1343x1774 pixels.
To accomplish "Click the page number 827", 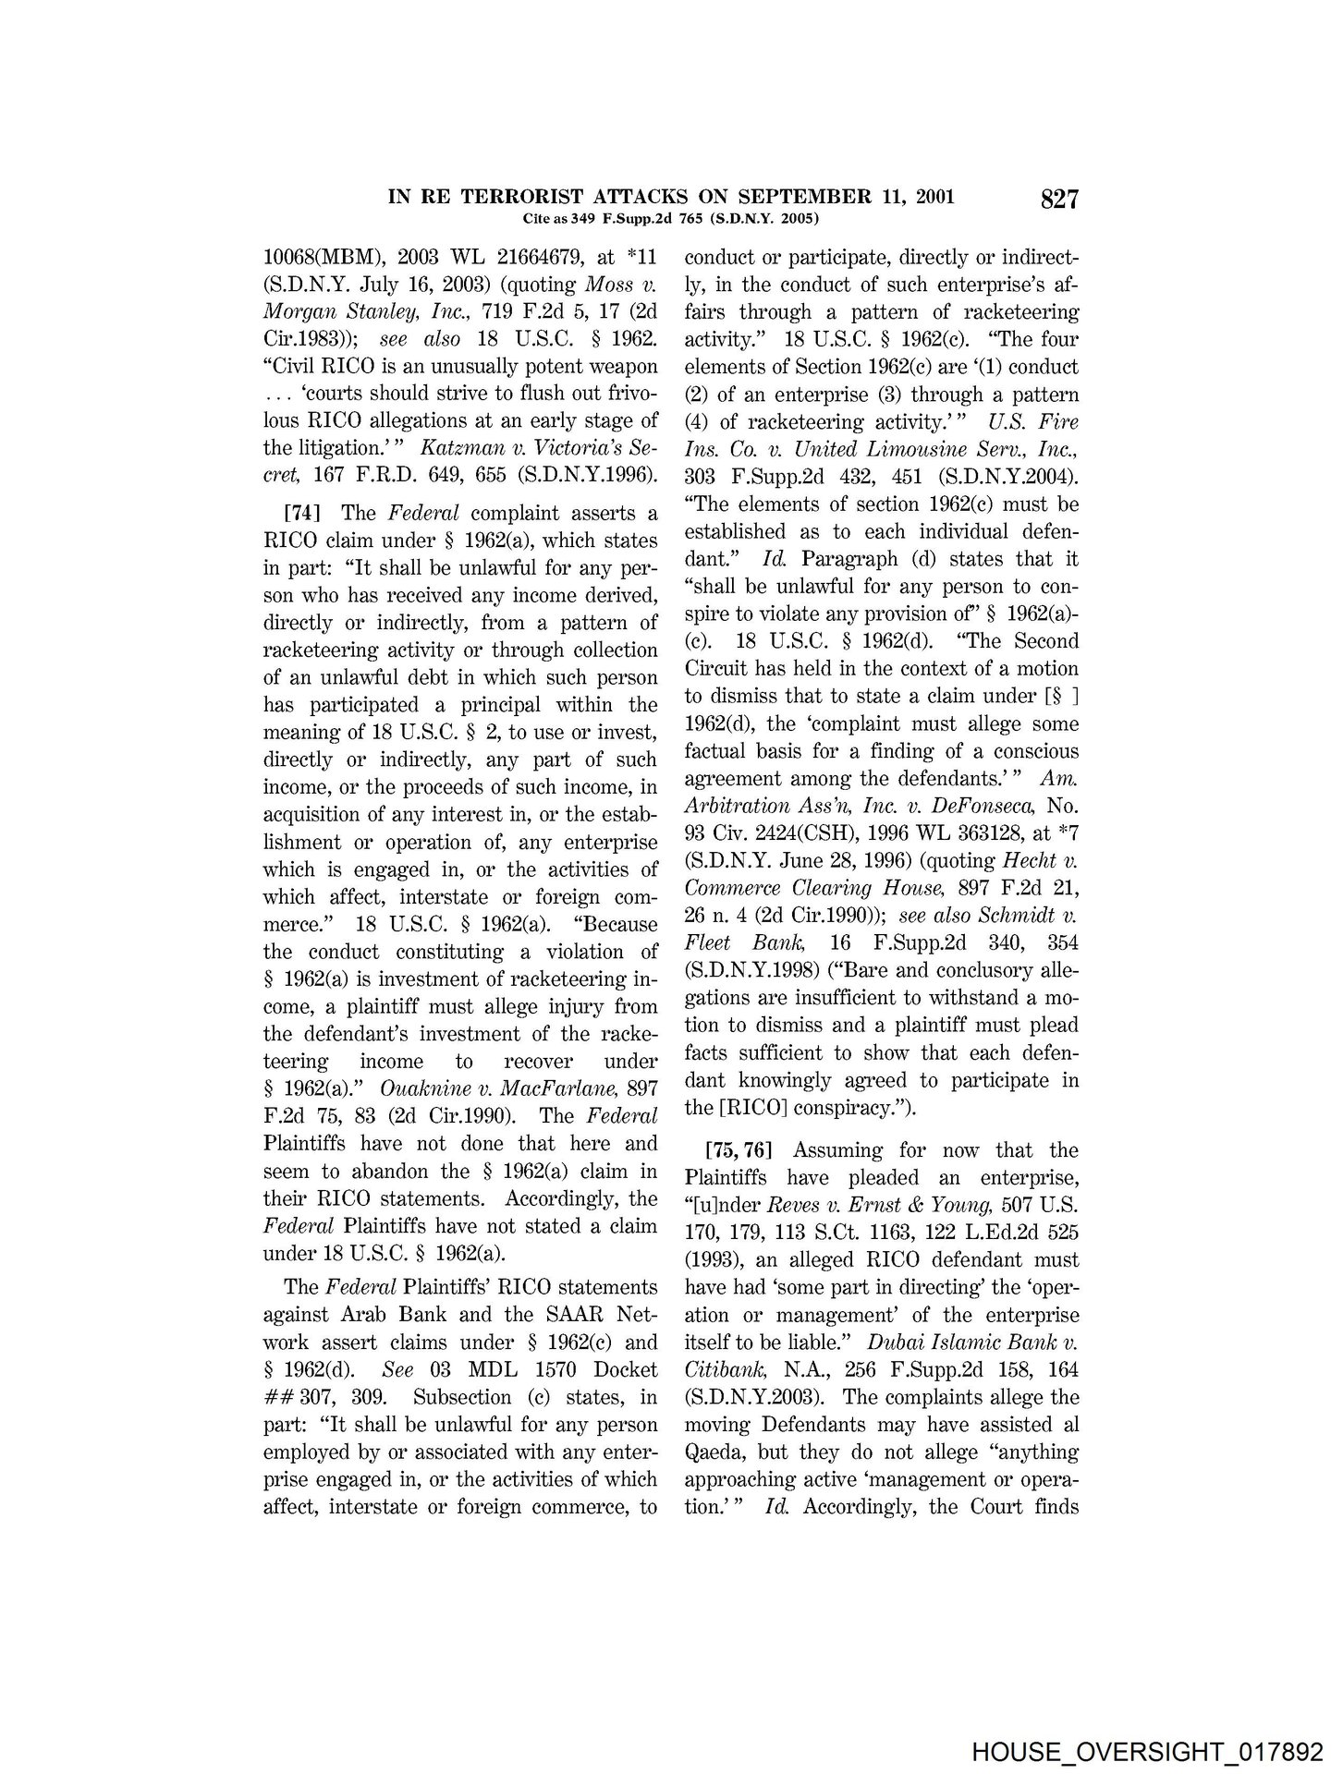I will [1059, 200].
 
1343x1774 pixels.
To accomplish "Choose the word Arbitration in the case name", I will [739, 806].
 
